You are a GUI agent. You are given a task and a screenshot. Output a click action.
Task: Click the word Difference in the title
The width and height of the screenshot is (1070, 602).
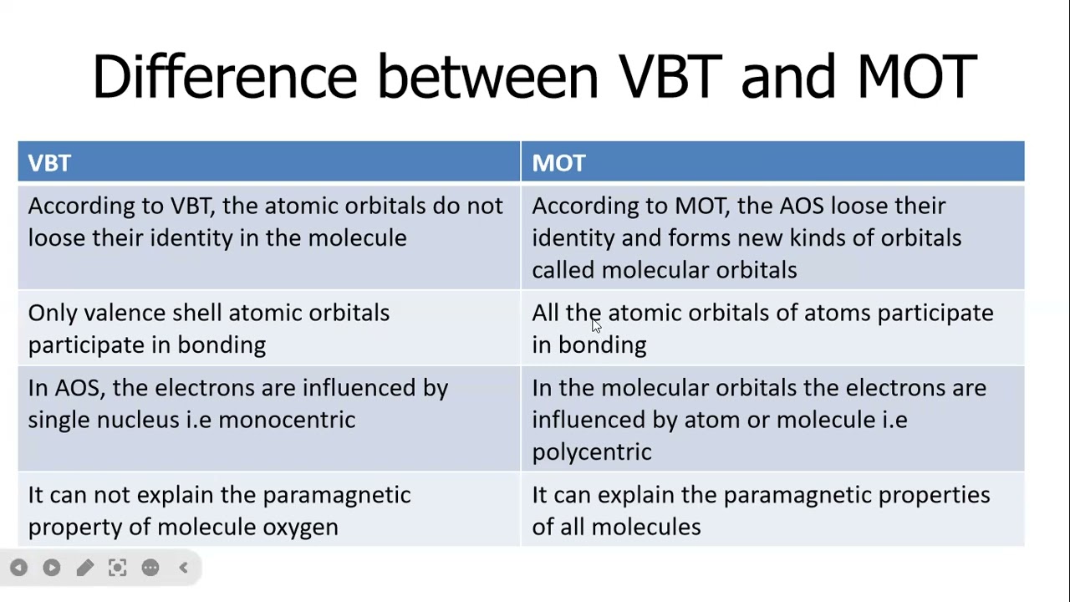(x=224, y=76)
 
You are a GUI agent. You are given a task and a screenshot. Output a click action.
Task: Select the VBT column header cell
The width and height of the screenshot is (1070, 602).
(x=268, y=162)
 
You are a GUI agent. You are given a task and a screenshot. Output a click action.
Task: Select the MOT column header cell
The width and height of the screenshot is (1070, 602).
(x=772, y=162)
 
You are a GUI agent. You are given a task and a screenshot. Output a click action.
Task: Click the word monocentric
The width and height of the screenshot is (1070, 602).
(x=287, y=420)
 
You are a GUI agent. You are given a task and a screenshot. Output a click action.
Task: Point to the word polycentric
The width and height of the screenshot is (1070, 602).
(x=591, y=452)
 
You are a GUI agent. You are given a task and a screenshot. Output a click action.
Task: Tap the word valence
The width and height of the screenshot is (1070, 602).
(x=125, y=313)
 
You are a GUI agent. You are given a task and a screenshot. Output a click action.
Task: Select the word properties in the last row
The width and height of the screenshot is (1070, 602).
(x=934, y=495)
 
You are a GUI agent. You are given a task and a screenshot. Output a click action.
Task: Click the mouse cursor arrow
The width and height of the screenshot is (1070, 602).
(x=595, y=325)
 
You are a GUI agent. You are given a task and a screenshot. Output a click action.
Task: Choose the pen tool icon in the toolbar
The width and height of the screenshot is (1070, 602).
(x=84, y=569)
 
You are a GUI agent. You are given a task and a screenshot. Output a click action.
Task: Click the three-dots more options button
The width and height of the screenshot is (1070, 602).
(x=150, y=569)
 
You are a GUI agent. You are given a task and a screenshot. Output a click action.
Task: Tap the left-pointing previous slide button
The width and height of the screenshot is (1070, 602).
(x=18, y=569)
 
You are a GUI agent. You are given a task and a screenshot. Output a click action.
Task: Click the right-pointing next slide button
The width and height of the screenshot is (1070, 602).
(x=51, y=569)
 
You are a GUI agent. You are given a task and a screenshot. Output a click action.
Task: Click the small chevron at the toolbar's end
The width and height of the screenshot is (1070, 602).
(x=184, y=569)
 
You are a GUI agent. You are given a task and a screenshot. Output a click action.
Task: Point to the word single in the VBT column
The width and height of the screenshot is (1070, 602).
(x=59, y=420)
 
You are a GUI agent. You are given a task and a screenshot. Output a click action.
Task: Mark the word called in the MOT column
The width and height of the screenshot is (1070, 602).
(x=563, y=270)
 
